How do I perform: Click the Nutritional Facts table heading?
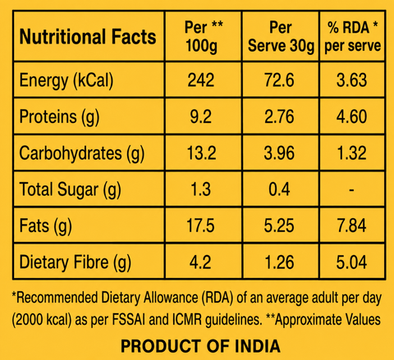click(88, 37)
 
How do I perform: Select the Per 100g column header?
click(203, 36)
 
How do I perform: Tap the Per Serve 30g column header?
click(281, 36)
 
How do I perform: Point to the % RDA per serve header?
click(352, 36)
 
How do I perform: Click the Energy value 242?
click(200, 80)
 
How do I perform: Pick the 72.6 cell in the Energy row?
click(279, 80)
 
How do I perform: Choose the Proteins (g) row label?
click(59, 117)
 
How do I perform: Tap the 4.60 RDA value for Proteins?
click(351, 116)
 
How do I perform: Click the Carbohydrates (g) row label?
click(82, 153)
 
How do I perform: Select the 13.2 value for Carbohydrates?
click(201, 153)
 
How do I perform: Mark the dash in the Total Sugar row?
click(352, 189)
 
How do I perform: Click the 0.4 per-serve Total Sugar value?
click(279, 189)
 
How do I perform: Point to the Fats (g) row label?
click(46, 226)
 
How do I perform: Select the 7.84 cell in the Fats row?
click(351, 226)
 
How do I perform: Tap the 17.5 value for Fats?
click(200, 226)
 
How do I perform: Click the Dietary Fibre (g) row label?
click(76, 262)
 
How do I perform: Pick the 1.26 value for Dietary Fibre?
click(279, 262)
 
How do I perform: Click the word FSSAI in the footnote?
click(128, 319)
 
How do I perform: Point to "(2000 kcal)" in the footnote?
click(42, 320)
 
